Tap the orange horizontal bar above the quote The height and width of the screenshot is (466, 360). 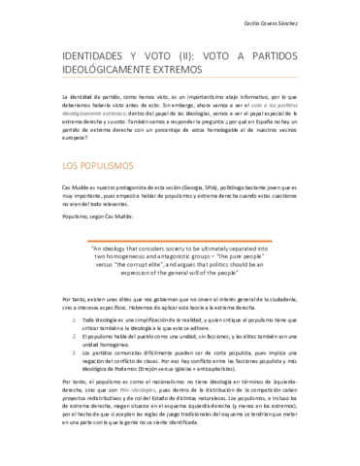[x=179, y=240]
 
